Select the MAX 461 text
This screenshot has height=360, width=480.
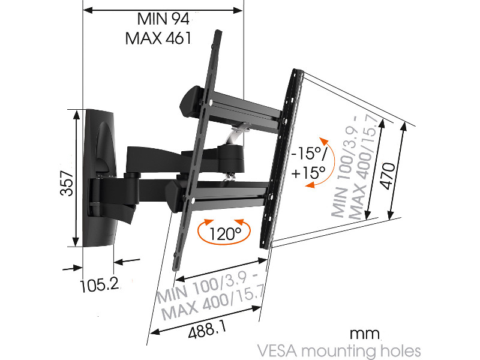tap(158, 38)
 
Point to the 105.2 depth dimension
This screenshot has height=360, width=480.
tap(98, 284)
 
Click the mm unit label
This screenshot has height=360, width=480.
tap(366, 333)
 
